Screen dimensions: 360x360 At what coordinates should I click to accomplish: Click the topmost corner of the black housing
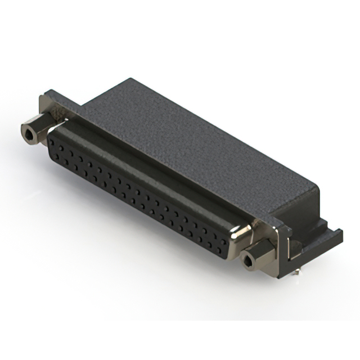tap(130, 79)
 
